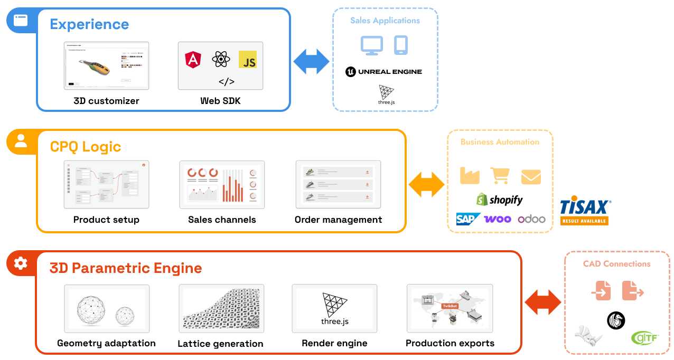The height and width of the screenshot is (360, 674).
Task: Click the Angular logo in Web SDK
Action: click(x=193, y=60)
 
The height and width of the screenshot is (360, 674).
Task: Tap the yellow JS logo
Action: click(x=247, y=60)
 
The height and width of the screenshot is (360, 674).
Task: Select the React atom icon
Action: click(x=220, y=59)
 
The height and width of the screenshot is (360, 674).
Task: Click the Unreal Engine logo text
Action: click(x=384, y=72)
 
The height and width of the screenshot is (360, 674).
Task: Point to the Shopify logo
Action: click(x=499, y=200)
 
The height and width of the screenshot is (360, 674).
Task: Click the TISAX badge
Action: click(x=585, y=212)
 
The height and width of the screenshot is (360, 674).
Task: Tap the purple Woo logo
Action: click(x=498, y=219)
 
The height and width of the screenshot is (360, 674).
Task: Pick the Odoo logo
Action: click(x=531, y=219)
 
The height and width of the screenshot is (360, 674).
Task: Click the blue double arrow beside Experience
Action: click(x=312, y=61)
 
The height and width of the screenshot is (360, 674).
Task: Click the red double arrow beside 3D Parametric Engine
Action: click(x=543, y=302)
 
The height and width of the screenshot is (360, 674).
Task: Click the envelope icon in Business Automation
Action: click(x=531, y=177)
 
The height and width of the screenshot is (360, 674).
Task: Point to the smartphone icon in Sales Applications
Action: click(x=401, y=45)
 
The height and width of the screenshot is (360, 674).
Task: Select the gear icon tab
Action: click(x=21, y=263)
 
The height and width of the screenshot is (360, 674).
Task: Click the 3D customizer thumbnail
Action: click(x=106, y=65)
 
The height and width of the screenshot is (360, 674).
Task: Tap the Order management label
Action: click(x=338, y=220)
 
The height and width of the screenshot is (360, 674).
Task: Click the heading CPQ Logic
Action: click(x=86, y=146)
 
